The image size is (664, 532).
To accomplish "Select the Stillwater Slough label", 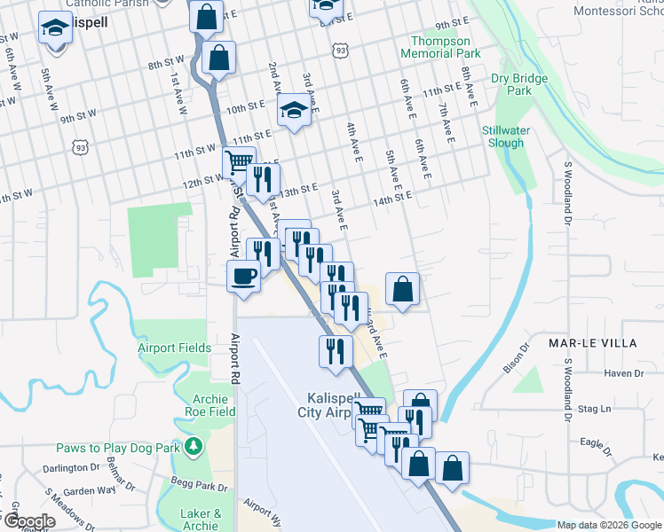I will pyautogui.click(x=503, y=137).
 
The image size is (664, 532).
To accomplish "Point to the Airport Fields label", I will pyautogui.click(x=175, y=348).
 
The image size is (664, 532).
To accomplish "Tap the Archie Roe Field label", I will pyautogui.click(x=210, y=405).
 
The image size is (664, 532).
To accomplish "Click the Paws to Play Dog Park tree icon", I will pyautogui.click(x=191, y=447).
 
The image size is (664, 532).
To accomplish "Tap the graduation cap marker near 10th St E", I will pyautogui.click(x=292, y=111).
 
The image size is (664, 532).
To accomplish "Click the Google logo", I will pyautogui.click(x=28, y=521).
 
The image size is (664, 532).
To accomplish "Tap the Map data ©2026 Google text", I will pyautogui.click(x=610, y=525).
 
